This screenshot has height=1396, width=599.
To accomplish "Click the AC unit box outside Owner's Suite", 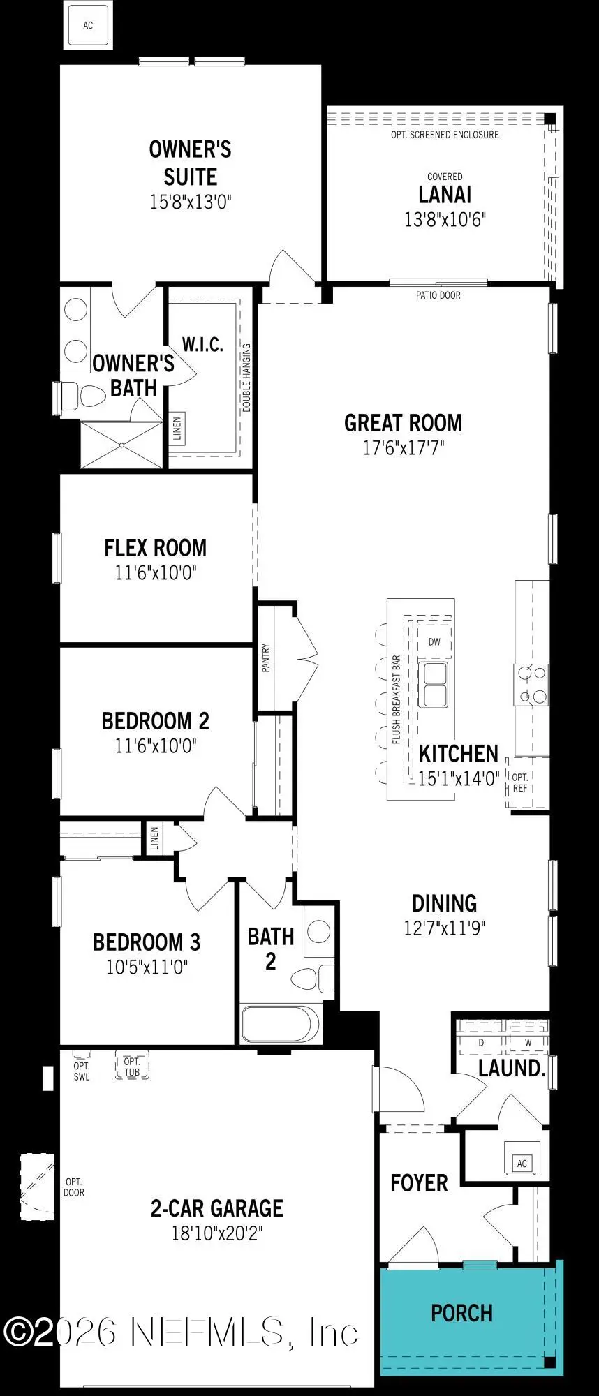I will pos(88,25).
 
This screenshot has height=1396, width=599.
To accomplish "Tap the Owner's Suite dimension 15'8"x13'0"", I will pos(190,202).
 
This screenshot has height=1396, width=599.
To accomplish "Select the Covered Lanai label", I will pos(445,193).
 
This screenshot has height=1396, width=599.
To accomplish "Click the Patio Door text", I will pos(438,295).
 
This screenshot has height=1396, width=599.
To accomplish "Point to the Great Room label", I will pos(403,423).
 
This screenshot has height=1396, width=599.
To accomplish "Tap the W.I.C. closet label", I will pos(202,344).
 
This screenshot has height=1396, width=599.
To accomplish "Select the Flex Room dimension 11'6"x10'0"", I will pos(156,573).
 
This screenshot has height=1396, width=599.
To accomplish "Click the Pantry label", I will pos(266,658).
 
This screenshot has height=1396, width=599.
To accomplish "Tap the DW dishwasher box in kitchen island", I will pos(434,642).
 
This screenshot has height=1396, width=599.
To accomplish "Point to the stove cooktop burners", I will pos(532,684).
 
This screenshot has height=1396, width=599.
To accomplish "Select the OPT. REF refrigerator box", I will pos(520,782).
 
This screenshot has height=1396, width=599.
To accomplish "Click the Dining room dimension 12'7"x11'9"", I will pos(444,928).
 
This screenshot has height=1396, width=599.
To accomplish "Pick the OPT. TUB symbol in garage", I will pos(132,1067).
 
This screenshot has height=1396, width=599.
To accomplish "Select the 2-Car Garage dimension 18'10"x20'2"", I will pos(217,1233).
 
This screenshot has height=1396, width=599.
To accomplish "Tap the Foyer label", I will pos(419,1182).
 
